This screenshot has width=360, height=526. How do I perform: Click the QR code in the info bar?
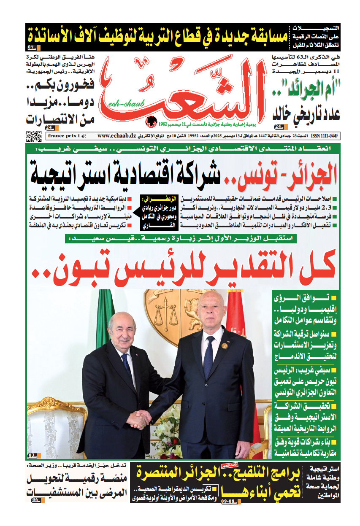point(34,137)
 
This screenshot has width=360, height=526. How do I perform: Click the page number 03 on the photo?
point(32,456)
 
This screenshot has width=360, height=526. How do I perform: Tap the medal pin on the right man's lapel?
point(225,345)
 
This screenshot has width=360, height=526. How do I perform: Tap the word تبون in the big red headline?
point(70,269)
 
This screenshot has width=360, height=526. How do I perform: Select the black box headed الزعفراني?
point(146,212)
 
